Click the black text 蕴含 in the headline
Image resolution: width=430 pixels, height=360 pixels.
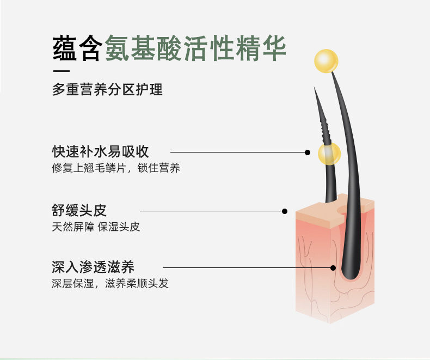(77, 48)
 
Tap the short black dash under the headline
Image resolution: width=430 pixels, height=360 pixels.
(61, 70)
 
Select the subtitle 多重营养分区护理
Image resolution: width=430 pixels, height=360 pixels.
(107, 90)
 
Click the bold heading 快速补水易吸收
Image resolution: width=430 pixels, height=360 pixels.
(101, 151)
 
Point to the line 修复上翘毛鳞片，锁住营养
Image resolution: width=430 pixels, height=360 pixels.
(116, 168)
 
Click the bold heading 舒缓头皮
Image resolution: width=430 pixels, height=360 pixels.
(79, 210)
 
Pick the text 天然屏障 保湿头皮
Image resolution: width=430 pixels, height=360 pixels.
(96, 227)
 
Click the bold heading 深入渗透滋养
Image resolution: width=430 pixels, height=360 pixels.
(93, 267)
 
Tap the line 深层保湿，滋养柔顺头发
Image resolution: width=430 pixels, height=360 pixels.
(110, 284)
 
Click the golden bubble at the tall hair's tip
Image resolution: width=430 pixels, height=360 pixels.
(327, 61)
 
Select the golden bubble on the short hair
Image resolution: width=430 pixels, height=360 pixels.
(329, 154)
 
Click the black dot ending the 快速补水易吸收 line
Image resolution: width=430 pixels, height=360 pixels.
(308, 153)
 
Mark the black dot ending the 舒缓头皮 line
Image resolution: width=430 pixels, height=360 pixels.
(284, 211)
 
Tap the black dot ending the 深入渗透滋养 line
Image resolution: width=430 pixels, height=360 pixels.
(333, 267)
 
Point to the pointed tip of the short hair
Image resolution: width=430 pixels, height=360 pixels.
(316, 90)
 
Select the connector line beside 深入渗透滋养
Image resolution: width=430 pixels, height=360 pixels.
(247, 267)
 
